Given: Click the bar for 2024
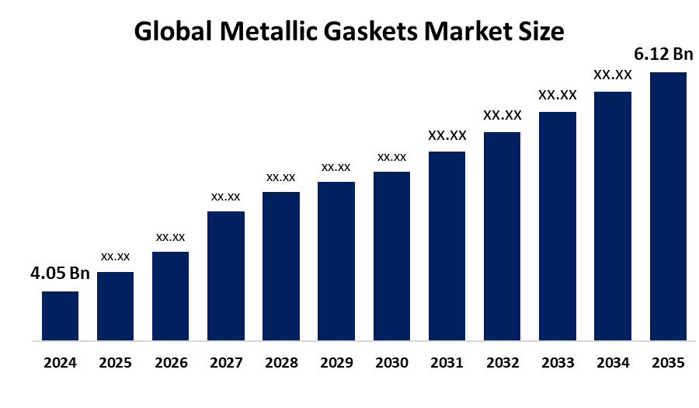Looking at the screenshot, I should click(60, 316).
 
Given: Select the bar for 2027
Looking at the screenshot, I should click(226, 276).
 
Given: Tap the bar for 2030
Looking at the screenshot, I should click(392, 256).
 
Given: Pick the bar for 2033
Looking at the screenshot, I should click(558, 226).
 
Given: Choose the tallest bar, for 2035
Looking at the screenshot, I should click(668, 206).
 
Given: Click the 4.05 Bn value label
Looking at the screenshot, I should click(60, 274).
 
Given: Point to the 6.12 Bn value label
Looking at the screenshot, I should click(663, 54).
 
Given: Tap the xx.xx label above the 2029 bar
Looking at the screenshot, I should click(336, 167).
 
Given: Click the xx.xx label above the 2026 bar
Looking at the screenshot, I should click(170, 237).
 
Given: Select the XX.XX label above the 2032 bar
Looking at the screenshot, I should click(503, 116).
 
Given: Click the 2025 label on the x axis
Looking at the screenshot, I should click(115, 363).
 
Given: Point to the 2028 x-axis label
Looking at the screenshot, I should click(281, 363).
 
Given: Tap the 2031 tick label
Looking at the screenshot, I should click(447, 363).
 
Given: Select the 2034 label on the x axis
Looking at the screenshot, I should click(613, 363).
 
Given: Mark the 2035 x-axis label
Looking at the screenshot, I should click(668, 363).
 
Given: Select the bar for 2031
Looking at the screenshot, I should click(447, 246).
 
